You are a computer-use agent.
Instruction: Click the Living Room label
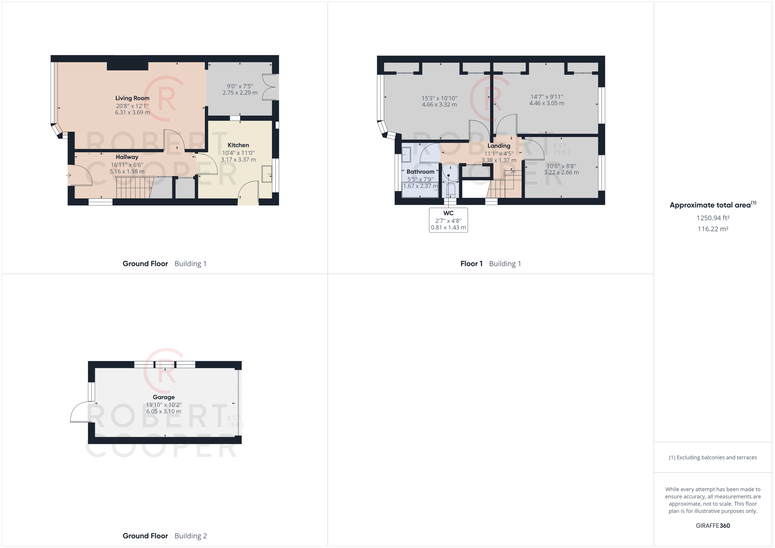tap(132, 98)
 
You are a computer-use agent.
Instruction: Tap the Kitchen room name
tap(238, 145)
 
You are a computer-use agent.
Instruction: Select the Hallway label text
tap(127, 157)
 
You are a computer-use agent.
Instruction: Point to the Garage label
tap(164, 397)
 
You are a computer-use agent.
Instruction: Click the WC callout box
tap(448, 220)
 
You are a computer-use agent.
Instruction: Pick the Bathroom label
tap(420, 172)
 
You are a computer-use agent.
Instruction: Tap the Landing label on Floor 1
tap(499, 146)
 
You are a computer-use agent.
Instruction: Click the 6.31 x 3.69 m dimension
tap(132, 112)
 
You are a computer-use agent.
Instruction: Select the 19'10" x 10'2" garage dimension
tap(164, 405)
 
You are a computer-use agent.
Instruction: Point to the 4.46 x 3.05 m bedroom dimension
tap(547, 103)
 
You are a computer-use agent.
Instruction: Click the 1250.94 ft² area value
tap(713, 218)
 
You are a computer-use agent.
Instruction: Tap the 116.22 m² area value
tap(713, 229)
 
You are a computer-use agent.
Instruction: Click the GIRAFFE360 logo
tap(713, 525)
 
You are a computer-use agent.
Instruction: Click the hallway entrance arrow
tap(68, 175)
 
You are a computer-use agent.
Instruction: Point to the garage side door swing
tap(80, 412)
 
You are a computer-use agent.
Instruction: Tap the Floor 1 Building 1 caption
tap(491, 264)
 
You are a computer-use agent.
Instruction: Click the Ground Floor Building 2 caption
tap(165, 536)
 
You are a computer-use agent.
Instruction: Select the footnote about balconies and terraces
tap(713, 458)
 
